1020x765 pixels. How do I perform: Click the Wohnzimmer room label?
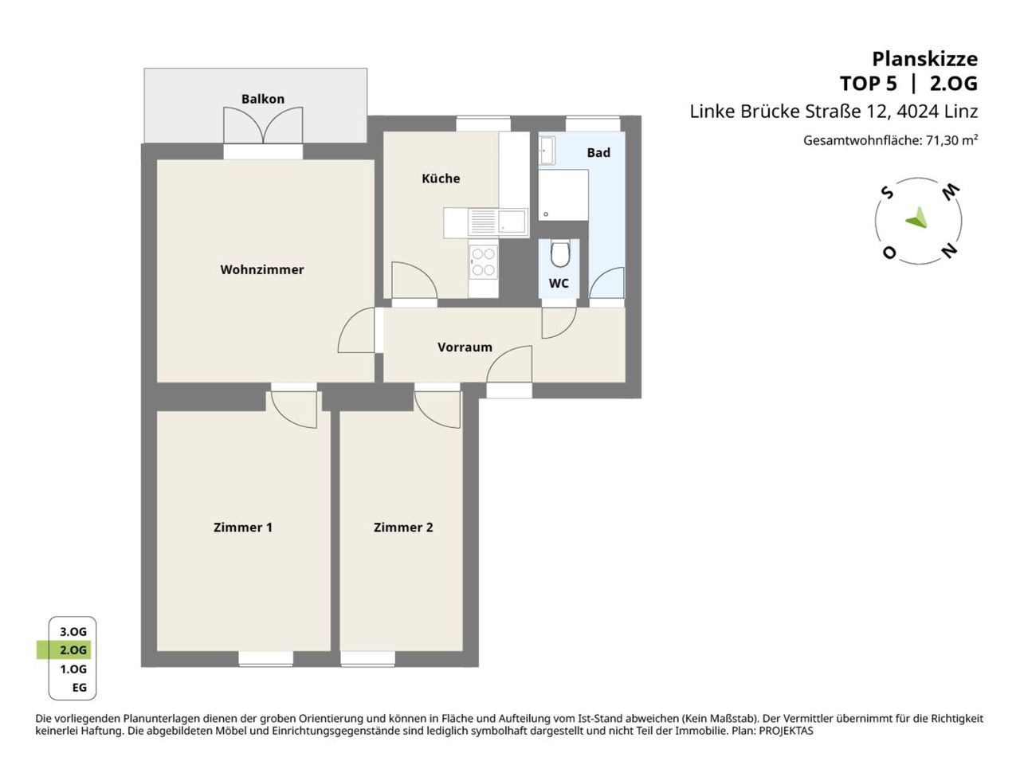(261, 269)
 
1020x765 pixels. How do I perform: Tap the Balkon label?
(262, 99)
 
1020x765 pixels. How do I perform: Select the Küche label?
(441, 178)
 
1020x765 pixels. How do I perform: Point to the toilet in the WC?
(559, 253)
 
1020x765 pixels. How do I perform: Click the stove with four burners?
(483, 262)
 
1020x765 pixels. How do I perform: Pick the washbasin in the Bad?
(547, 150)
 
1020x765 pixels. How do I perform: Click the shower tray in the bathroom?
(563, 194)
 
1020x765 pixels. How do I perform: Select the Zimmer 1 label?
(242, 528)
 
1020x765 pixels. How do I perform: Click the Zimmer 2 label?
(403, 528)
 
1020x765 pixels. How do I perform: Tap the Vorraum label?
(465, 347)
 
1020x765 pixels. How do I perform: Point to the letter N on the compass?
(949, 251)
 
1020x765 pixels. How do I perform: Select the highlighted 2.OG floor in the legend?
(64, 649)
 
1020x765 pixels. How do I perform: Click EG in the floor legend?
(80, 688)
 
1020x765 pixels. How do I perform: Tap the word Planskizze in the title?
(924, 60)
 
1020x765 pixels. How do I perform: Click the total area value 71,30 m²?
(951, 140)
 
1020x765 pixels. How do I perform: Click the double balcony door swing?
(263, 125)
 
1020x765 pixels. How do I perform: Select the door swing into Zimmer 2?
(437, 410)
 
